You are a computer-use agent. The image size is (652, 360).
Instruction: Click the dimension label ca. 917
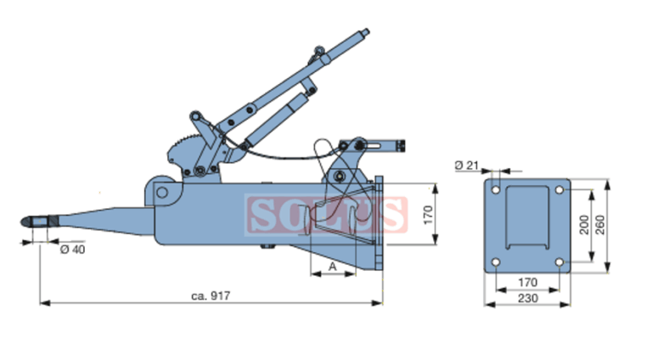(211, 295)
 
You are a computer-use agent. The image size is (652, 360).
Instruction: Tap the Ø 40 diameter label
(73, 249)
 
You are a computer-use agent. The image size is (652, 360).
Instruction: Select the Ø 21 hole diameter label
(467, 165)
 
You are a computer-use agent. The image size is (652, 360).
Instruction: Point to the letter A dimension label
(332, 267)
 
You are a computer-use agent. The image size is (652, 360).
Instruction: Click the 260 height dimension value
(600, 225)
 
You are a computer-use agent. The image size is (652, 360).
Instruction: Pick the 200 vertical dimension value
(584, 225)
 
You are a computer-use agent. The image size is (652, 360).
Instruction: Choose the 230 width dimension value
(528, 298)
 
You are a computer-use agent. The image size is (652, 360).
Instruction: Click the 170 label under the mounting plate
(528, 282)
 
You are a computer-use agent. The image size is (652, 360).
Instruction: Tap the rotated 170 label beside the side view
(428, 215)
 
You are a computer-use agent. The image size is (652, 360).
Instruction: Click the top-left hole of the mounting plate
(496, 190)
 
